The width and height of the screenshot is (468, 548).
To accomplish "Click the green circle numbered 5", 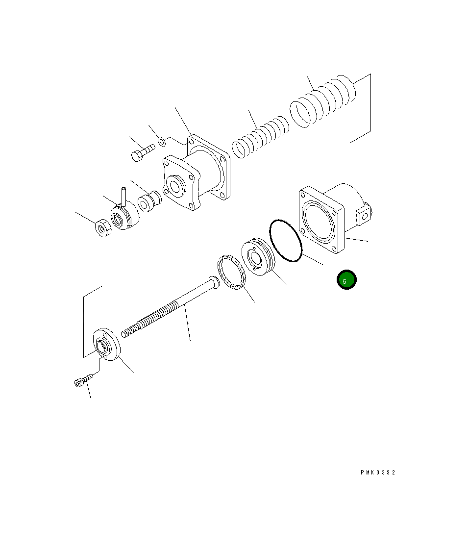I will click(346, 280).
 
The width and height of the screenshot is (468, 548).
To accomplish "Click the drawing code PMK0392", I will click(377, 473).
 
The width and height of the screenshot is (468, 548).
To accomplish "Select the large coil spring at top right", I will click(323, 101).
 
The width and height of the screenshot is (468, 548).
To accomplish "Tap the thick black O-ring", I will click(285, 241).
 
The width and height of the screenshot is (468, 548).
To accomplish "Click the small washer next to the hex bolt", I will click(162, 143).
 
